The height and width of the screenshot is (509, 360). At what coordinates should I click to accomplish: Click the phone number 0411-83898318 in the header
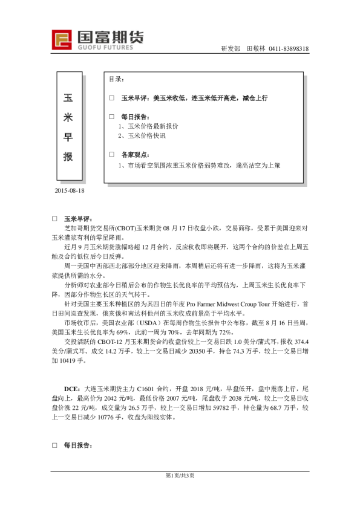click(x=289, y=49)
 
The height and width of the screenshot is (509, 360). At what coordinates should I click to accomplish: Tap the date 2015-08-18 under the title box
click(x=70, y=190)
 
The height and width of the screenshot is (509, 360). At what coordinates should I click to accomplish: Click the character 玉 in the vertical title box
click(x=68, y=97)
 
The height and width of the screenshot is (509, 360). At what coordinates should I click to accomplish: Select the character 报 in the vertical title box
click(x=68, y=157)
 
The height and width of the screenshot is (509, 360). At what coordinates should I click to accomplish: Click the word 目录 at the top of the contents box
click(x=117, y=79)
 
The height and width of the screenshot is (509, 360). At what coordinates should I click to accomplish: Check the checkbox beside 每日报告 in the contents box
click(x=111, y=116)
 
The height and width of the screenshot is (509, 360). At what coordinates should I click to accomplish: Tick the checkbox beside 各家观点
click(x=111, y=155)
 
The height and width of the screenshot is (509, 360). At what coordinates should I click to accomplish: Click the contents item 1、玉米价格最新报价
click(x=148, y=126)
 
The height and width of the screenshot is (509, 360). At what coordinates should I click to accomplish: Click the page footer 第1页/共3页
click(x=180, y=475)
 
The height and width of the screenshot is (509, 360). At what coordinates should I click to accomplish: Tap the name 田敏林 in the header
click(x=256, y=49)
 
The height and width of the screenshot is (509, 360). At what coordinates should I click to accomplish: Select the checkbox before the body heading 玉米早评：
click(x=54, y=219)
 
